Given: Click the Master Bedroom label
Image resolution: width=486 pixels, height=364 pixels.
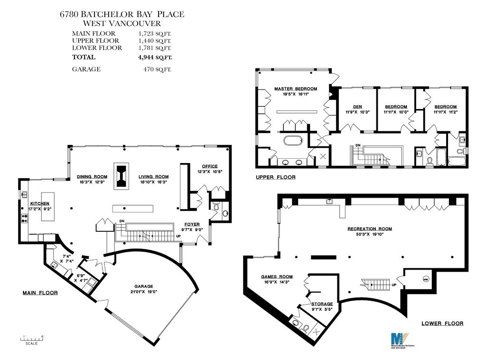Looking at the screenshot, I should pos(295,89).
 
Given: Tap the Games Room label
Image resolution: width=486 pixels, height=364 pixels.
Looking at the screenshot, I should pos(277,277).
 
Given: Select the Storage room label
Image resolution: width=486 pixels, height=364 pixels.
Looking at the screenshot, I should pos(322,304).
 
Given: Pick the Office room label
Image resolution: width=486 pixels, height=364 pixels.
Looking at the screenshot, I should pos(209,166).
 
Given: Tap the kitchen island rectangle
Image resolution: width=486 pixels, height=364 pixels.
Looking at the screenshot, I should pos(48,206).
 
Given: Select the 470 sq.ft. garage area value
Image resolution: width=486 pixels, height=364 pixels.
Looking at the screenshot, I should pos(157,69).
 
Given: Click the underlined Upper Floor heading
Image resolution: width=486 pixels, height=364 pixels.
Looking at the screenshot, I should pos(275,177).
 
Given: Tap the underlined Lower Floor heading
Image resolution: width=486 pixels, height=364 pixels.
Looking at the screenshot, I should pos(442,324).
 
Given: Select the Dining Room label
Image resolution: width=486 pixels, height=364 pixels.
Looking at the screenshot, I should pos(92,177).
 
